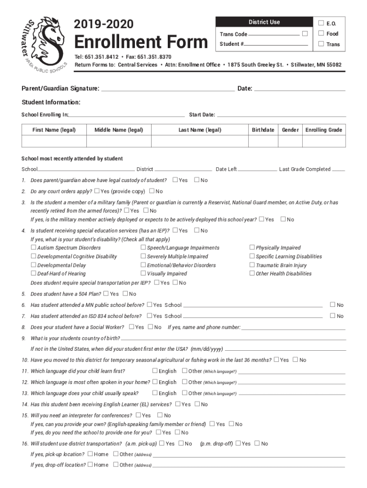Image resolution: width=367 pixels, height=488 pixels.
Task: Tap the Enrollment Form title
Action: pos(141,42)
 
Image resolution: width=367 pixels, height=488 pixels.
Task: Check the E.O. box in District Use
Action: pos(321,23)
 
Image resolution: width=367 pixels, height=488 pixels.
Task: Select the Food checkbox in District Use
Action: pos(321,33)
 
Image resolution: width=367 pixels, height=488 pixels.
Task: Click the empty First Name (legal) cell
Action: pos(54,142)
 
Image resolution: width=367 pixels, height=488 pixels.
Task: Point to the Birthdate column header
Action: pos(263,130)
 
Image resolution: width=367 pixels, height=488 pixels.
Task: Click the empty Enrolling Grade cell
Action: pos(324,142)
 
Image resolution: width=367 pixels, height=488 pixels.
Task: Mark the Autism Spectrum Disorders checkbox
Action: pos(33,247)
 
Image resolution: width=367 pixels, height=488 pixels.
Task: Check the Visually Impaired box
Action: pos(143,273)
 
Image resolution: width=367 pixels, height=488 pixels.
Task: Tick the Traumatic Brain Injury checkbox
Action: pos(252,265)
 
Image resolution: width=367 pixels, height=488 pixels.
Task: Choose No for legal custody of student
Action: pos(196,180)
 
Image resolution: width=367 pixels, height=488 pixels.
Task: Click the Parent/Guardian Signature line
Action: pos(168,88)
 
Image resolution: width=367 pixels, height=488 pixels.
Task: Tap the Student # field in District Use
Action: pos(276,44)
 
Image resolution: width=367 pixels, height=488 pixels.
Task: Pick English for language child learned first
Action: pos(155,371)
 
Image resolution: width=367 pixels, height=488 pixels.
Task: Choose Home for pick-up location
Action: pos(90,454)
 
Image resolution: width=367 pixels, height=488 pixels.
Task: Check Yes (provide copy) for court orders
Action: pos(97,191)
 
